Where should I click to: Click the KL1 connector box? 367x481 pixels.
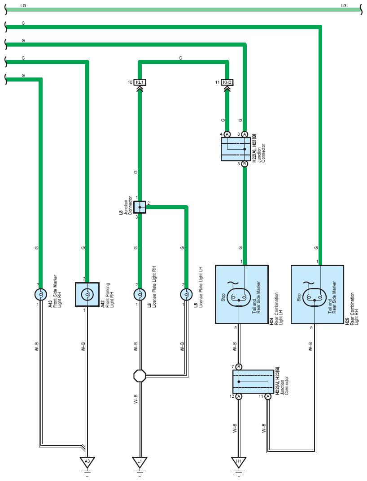pos(140,82)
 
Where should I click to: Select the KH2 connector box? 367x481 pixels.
pos(227,82)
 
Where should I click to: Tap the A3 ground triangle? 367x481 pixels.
pos(87,462)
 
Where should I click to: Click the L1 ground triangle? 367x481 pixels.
pos(140,462)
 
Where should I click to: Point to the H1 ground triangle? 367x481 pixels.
pos(239,462)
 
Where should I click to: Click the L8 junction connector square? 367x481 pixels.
pos(140,207)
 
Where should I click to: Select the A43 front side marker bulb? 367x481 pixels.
pos(40,295)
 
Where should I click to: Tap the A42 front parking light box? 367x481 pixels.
pos(87,295)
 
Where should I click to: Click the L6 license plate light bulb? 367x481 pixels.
pos(140,295)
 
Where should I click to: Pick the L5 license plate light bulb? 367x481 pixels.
pos(186,295)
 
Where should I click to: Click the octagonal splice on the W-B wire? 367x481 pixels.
pos(140,375)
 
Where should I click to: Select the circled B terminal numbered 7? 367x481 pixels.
pos(239,367)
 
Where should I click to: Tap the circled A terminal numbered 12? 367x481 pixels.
pos(239,396)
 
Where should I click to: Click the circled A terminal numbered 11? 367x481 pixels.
pos(268,396)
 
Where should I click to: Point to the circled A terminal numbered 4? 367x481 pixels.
pos(227,134)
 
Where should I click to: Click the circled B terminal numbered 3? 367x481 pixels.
pos(245,164)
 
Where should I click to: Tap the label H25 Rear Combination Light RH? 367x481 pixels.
pos(352,309)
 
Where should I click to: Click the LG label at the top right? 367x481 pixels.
pos(344,5)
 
